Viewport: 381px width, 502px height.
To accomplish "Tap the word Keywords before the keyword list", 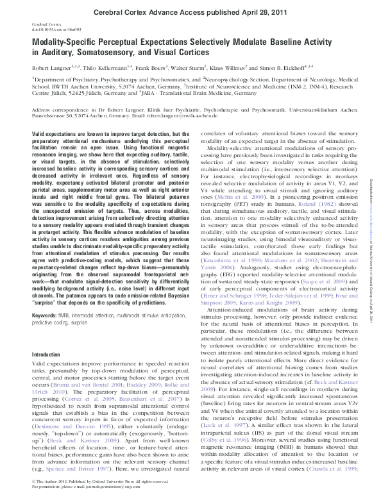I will (x=45, y=333).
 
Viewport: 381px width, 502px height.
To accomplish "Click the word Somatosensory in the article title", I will (x=101, y=49).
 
